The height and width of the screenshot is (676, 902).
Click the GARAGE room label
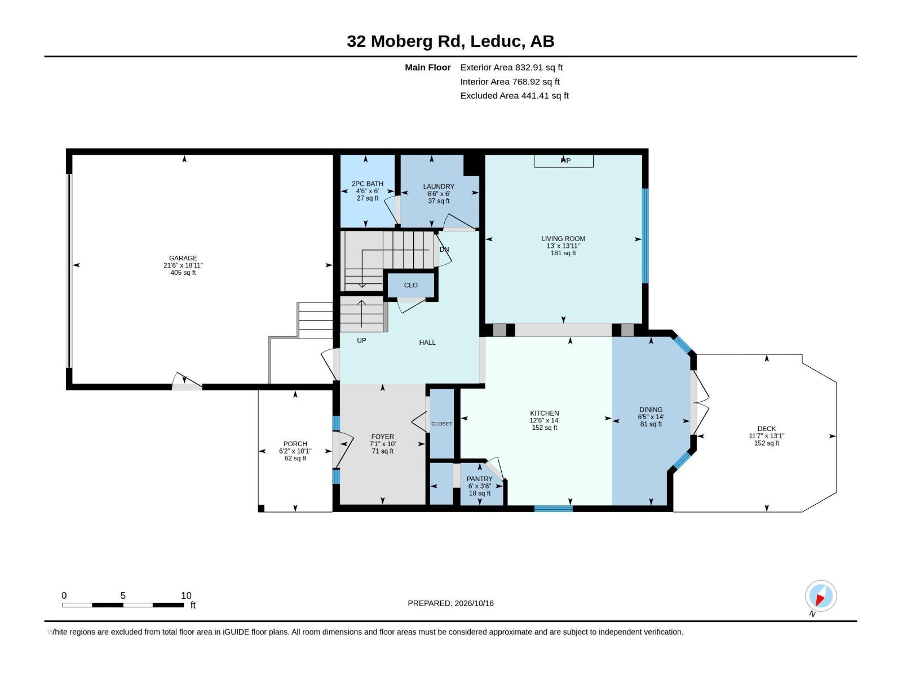183,258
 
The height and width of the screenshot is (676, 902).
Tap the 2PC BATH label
368,184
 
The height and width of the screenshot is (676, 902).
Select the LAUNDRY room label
439,186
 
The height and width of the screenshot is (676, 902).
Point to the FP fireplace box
563,161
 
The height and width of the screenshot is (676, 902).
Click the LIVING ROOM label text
563,238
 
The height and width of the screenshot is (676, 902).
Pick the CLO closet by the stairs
410,285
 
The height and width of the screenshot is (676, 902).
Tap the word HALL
427,343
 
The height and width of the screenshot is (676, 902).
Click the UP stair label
361,340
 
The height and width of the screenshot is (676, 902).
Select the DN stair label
444,249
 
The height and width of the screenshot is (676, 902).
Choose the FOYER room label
382,437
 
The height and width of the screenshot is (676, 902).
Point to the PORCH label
295,444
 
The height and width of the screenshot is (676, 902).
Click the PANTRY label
479,479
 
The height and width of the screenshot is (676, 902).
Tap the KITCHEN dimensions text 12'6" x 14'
544,420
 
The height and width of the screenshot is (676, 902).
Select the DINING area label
651,409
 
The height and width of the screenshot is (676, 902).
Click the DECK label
766,429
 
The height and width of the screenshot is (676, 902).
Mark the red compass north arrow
820,599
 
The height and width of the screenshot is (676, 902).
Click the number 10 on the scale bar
186,595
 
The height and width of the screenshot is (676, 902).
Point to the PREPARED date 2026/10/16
474,603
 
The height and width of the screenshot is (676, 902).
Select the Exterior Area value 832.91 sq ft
539,67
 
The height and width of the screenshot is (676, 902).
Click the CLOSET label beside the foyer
441,424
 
